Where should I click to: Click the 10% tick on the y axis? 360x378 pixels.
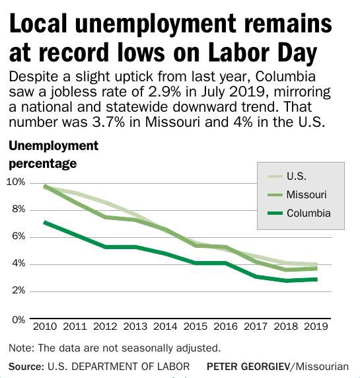click(x=15, y=182)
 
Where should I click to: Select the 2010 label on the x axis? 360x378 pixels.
click(x=44, y=326)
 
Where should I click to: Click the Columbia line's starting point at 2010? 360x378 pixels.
click(x=44, y=222)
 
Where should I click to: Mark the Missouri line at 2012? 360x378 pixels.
click(x=104, y=217)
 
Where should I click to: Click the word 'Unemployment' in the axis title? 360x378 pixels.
click(x=54, y=146)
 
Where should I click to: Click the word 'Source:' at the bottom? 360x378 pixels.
click(x=24, y=365)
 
